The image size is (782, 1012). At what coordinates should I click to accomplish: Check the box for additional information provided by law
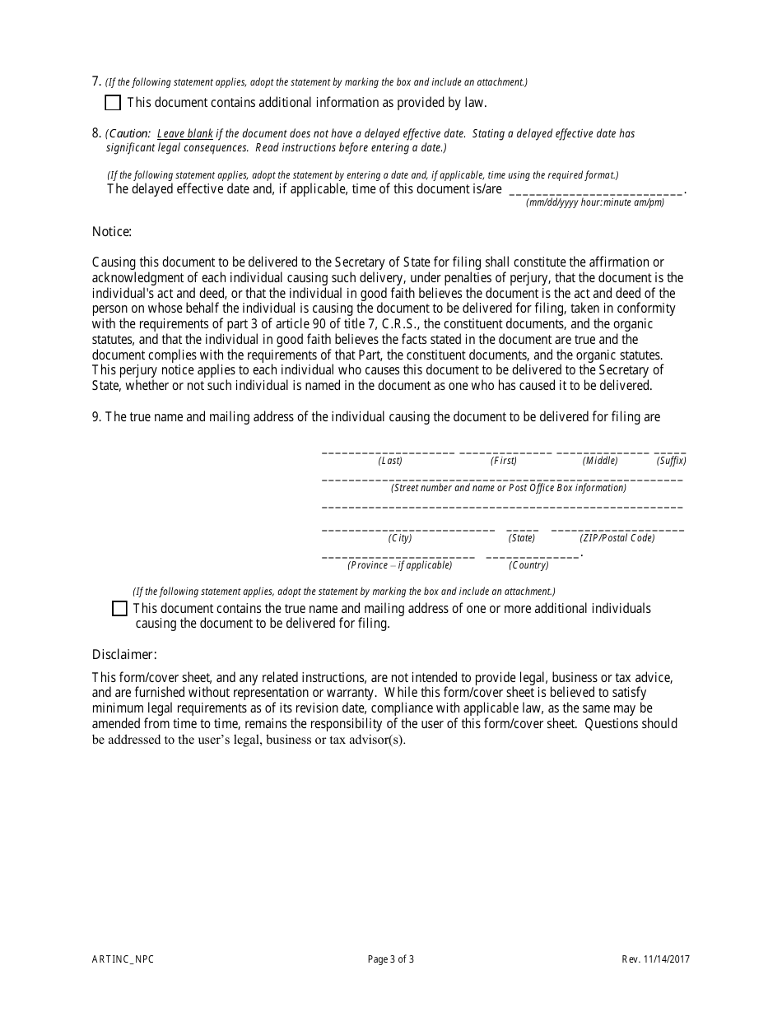tap(113, 103)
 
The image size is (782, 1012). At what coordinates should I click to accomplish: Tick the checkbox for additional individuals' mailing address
tap(119, 609)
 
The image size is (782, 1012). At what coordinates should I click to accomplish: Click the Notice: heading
tap(112, 232)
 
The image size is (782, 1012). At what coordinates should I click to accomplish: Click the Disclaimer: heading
tap(124, 654)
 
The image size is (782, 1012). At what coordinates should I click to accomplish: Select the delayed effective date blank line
tap(596, 190)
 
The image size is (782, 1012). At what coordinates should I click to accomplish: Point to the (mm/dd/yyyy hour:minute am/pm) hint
tap(595, 202)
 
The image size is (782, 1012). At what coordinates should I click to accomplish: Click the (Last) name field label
tap(390, 461)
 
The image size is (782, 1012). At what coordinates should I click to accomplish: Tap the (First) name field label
tap(504, 461)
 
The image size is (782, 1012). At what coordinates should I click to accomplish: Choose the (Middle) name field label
tap(600, 461)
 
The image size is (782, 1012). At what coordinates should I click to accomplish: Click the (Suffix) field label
tap(671, 461)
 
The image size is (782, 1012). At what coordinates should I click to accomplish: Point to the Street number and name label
tap(509, 488)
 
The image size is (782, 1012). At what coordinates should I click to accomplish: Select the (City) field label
tap(400, 538)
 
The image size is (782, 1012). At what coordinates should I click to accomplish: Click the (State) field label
tap(522, 538)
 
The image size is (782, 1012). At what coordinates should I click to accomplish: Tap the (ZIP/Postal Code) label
tap(617, 538)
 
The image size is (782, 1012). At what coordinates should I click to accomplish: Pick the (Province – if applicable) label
tap(400, 565)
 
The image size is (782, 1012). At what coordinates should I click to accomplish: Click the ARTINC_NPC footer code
tap(123, 959)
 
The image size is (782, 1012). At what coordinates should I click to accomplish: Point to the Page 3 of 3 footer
tap(391, 959)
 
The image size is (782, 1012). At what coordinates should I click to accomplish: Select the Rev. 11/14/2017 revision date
tap(656, 959)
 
